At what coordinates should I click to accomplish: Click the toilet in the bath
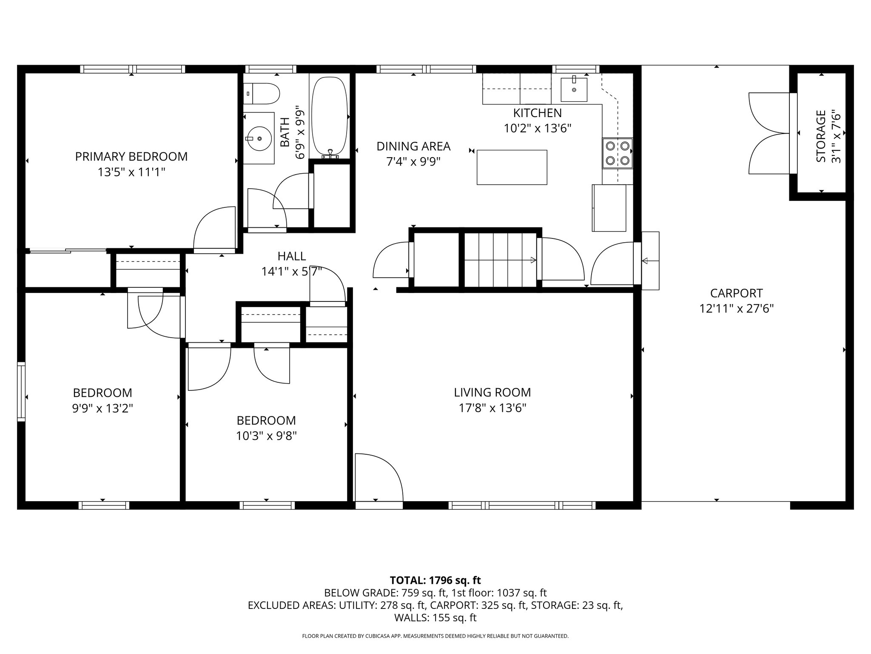(262, 93)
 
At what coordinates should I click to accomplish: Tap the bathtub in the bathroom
(330, 116)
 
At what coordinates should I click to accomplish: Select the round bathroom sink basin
(259, 138)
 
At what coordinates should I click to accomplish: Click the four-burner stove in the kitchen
(617, 153)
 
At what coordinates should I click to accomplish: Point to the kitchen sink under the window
(574, 89)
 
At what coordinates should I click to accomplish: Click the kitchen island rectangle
(512, 167)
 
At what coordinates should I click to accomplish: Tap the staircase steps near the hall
(500, 260)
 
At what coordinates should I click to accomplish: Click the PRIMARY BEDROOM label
(131, 157)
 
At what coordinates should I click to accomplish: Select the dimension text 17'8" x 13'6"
(492, 408)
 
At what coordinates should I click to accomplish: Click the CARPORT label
(736, 293)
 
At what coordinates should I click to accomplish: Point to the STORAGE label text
(821, 136)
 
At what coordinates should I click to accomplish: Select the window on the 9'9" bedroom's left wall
(21, 391)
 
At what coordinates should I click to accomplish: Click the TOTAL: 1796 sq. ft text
(435, 580)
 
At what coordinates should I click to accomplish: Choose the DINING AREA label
(413, 146)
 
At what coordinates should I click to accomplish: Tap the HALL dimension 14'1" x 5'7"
(292, 272)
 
